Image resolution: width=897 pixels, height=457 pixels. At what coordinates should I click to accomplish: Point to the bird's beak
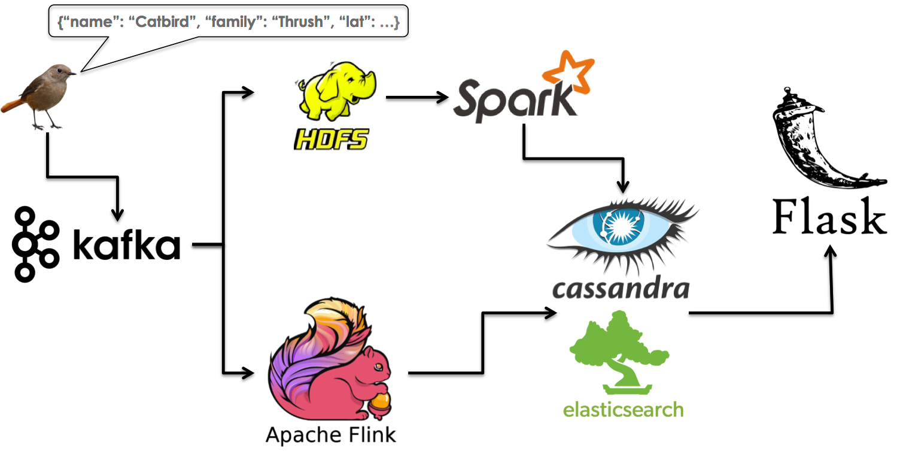pos(72,74)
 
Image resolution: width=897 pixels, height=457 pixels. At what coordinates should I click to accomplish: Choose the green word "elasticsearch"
pos(623,409)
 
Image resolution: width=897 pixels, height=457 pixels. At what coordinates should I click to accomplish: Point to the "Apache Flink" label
pos(330,434)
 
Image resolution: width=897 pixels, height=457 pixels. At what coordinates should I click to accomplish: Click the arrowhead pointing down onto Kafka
pos(118,214)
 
